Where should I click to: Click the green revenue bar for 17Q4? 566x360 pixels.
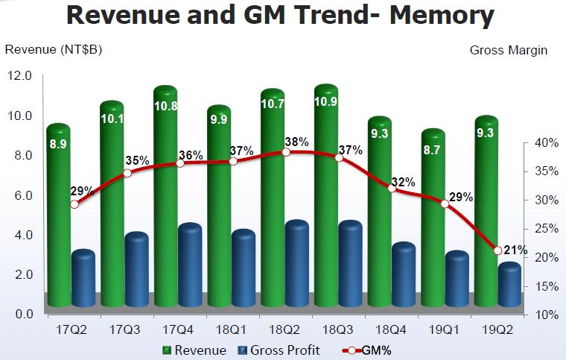(165, 201)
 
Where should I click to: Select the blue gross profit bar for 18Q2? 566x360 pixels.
(298, 265)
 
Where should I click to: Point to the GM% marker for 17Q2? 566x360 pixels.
(74, 203)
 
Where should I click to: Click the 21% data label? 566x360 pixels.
(516, 250)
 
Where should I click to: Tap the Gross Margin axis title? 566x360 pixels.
(509, 51)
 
